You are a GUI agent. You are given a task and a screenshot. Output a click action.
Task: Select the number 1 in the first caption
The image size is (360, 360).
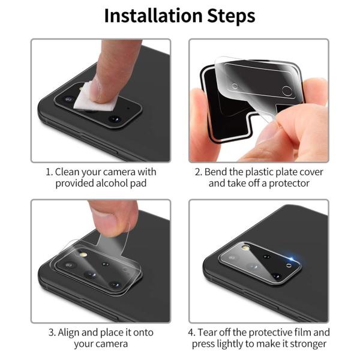[49, 172]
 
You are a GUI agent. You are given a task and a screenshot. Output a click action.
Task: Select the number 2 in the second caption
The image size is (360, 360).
[199, 172]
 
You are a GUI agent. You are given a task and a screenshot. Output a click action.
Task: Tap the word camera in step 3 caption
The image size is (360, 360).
[110, 344]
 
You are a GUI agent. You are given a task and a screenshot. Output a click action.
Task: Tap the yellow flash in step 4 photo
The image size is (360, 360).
[245, 247]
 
